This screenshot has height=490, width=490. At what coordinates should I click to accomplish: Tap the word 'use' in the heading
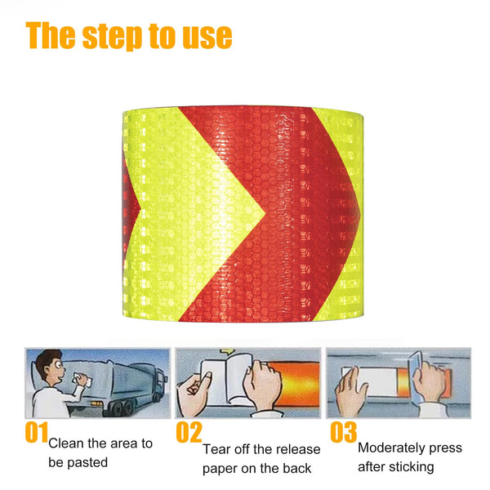pos(204,37)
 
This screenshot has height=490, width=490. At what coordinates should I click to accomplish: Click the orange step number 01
pos(36,433)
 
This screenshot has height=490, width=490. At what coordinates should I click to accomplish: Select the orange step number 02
pos(189,433)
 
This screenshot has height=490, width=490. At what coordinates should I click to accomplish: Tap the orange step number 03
pos(344,433)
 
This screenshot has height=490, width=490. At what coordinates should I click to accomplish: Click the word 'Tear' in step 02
pos(217,449)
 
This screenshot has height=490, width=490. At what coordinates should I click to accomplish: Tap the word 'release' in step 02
pos(297,449)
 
